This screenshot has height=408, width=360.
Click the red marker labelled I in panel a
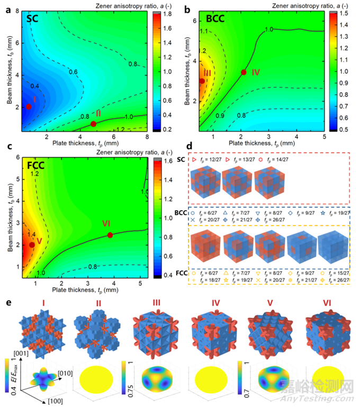coord(29,106)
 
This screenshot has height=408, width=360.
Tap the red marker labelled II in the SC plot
coord(93,124)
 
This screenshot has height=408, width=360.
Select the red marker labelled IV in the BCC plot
coord(244,72)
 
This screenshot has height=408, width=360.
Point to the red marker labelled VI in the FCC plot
coord(110,235)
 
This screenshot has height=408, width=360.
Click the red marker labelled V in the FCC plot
coord(32,244)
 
